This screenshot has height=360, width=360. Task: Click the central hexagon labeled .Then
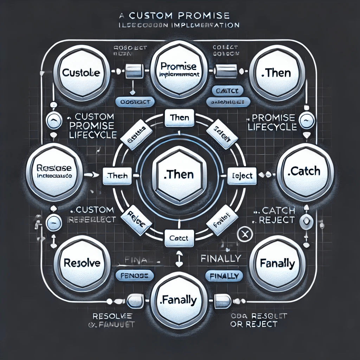(x=180, y=174)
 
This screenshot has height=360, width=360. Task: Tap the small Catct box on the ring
(x=179, y=238)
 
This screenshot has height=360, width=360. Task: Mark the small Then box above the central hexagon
(x=180, y=118)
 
